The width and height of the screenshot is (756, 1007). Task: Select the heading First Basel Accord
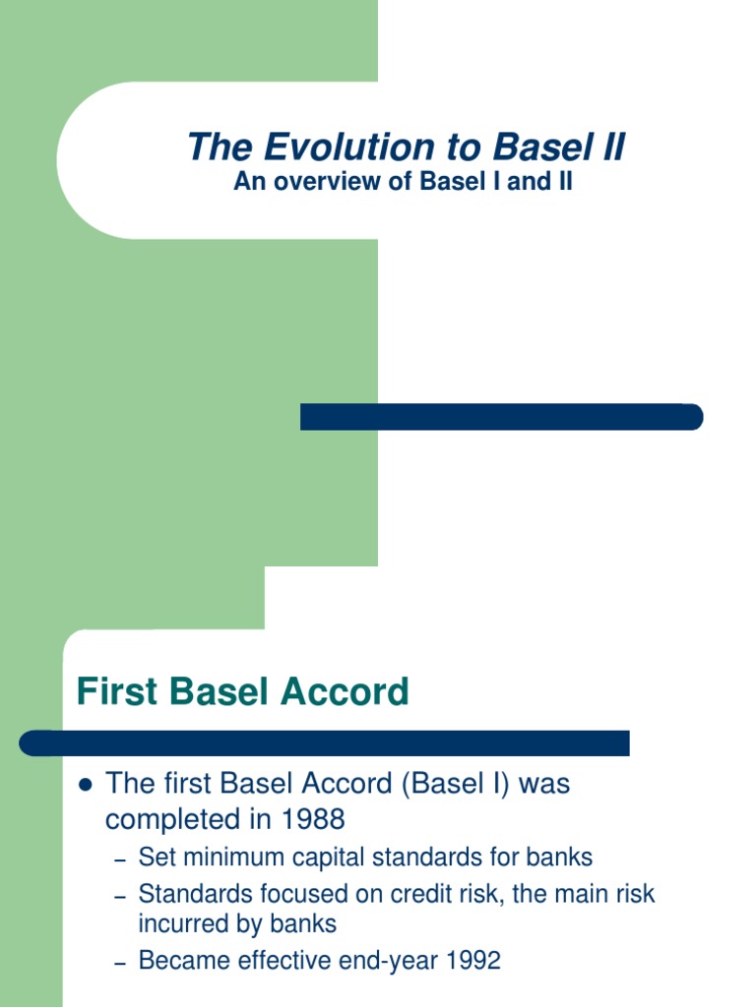242,692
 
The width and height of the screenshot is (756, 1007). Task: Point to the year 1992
471,961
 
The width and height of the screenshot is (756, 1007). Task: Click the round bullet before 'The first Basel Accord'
84,785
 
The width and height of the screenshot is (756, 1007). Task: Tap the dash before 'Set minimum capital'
121,859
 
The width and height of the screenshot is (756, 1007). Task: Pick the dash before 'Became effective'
121,963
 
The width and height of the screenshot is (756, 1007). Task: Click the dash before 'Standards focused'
121,897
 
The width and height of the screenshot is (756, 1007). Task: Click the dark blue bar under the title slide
501,417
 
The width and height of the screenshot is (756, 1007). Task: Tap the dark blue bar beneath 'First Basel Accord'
325,742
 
